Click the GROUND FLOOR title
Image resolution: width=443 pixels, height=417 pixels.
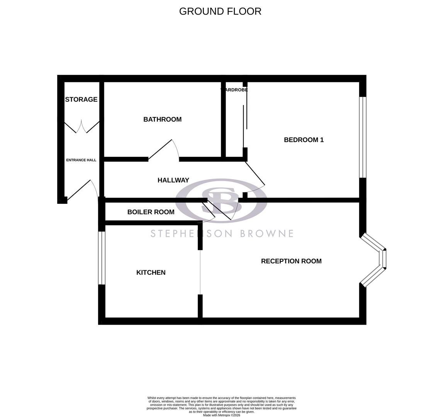220,11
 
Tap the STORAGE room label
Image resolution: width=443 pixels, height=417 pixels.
81,99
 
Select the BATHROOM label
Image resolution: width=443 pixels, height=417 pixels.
162,119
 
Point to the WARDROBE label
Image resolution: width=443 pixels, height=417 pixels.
234,90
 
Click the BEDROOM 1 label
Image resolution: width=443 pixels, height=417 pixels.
304,140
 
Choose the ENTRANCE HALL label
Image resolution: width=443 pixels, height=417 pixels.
81,160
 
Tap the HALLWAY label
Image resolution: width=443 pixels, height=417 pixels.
173,180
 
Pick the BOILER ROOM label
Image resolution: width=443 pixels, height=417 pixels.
151,212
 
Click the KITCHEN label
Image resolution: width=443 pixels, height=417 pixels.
151,272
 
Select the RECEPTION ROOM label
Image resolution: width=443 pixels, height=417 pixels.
291,261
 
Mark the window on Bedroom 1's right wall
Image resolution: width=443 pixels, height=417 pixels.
362,137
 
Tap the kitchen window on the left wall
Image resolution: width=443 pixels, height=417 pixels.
102,258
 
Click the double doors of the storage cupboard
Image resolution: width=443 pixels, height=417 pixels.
81,127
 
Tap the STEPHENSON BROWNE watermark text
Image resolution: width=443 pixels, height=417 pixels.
222,234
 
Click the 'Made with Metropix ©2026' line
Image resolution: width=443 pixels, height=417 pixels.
221,415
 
